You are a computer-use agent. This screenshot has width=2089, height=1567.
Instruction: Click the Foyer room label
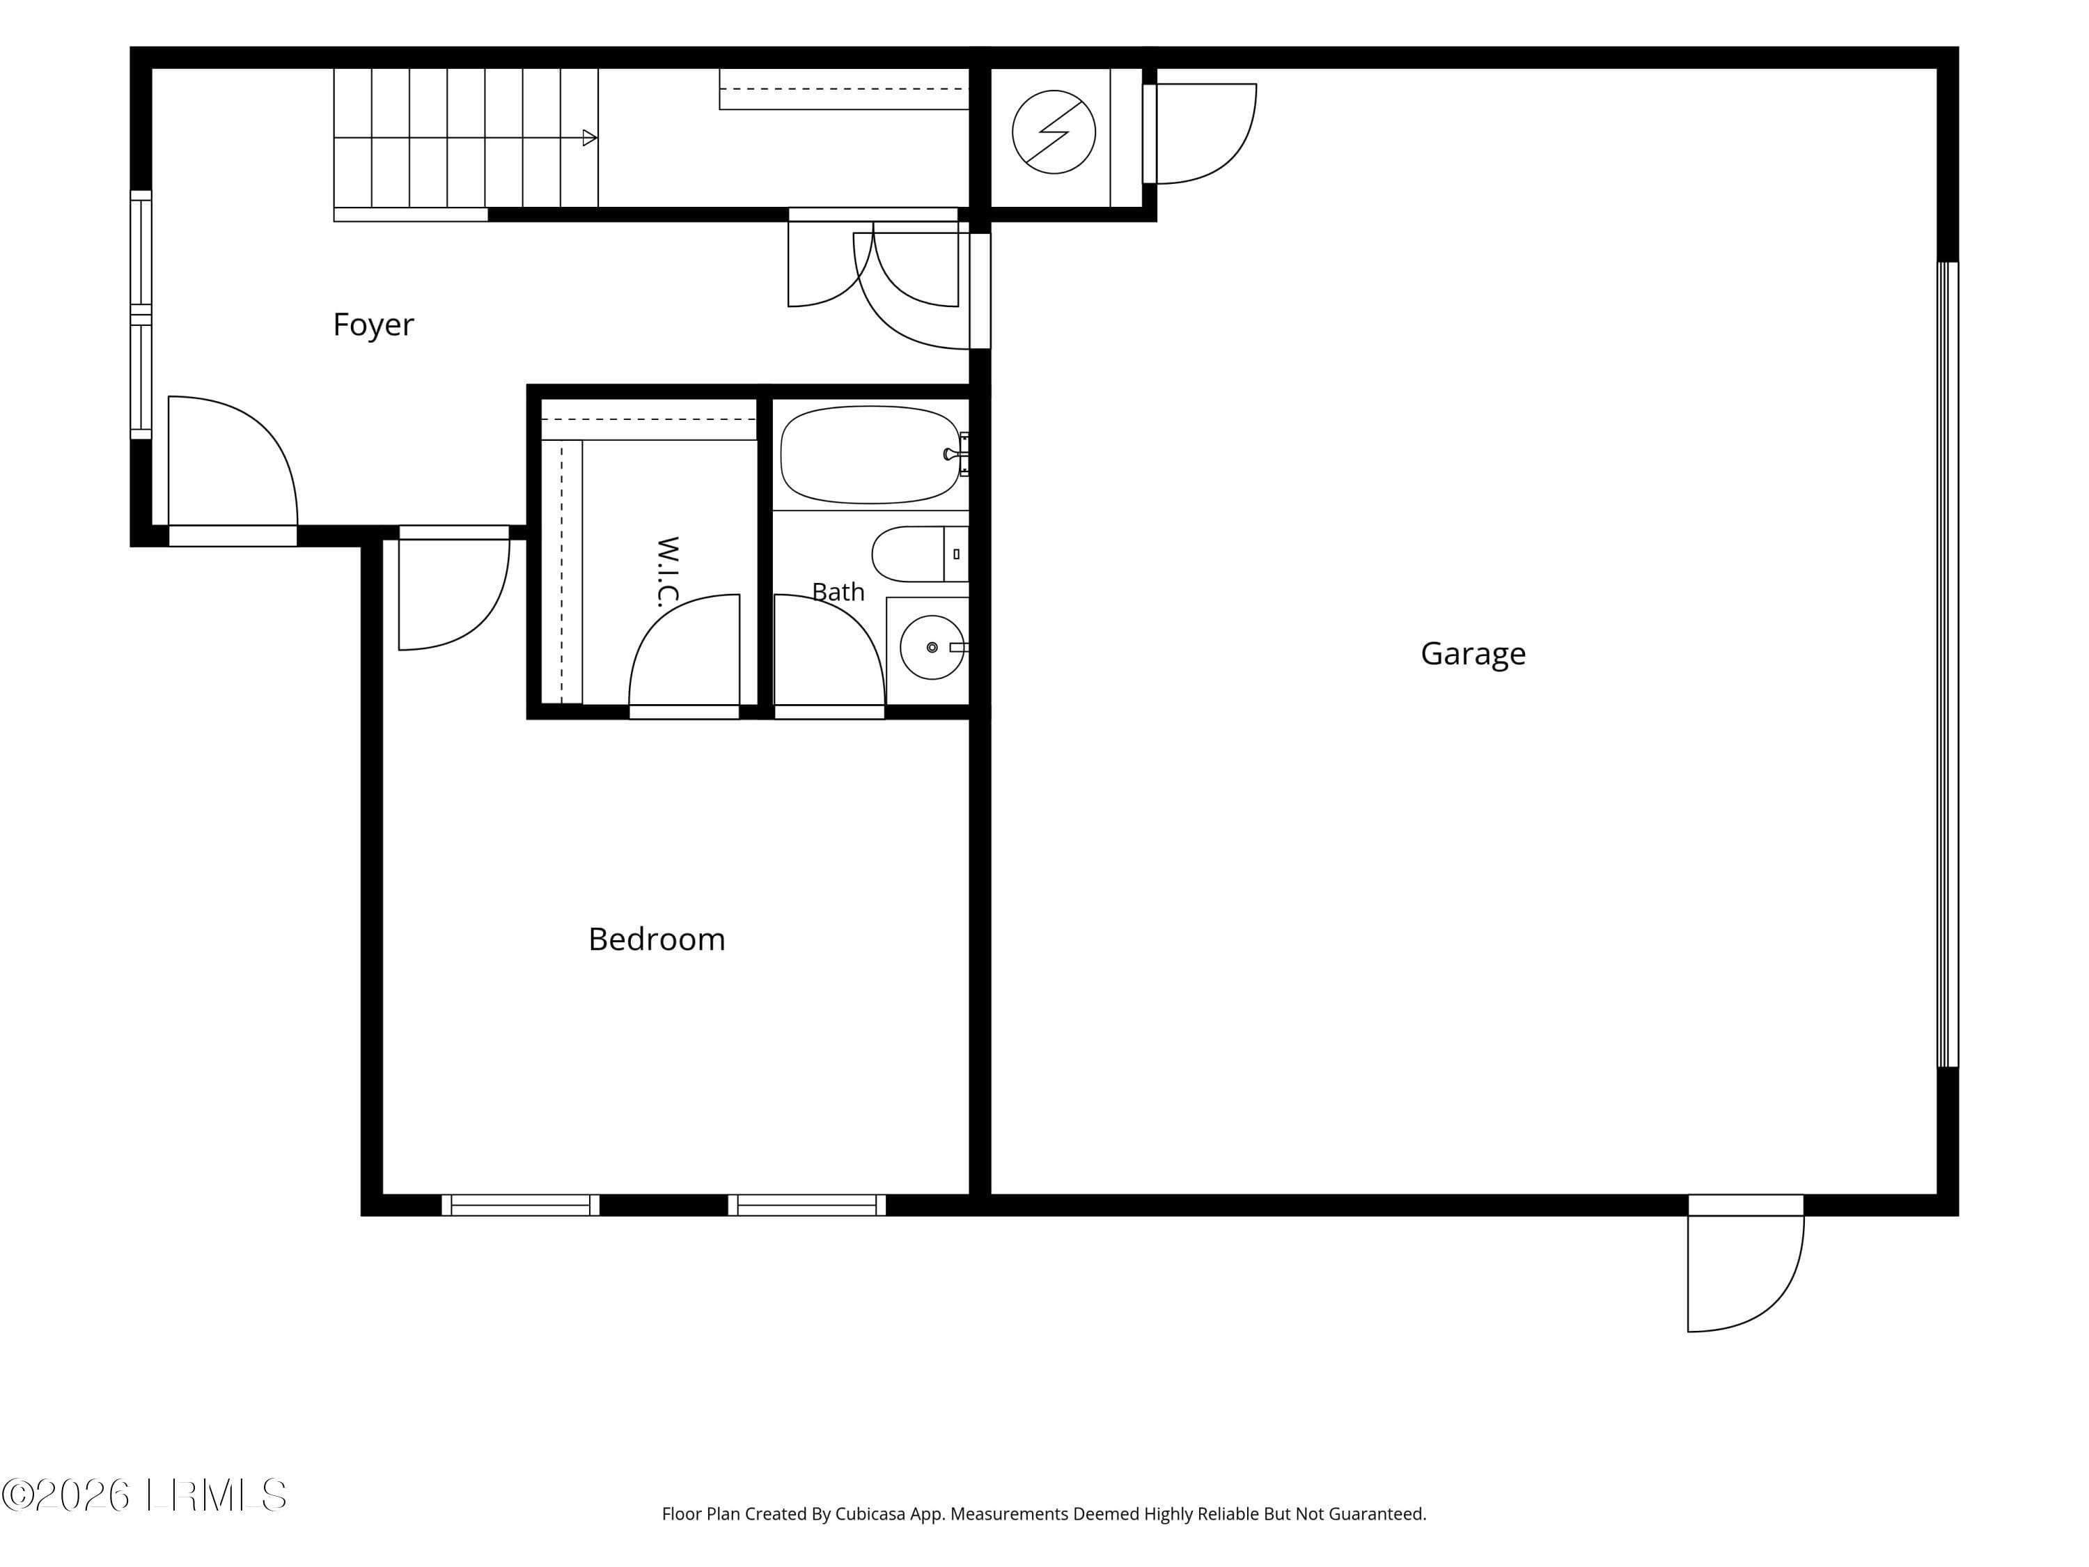(373, 325)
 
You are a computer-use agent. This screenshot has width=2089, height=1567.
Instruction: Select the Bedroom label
(657, 939)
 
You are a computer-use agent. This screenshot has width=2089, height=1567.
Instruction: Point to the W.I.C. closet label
(668, 572)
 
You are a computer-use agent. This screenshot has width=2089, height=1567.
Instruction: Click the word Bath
(838, 591)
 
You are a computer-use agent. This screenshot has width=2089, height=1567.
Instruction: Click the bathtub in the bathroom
(870, 454)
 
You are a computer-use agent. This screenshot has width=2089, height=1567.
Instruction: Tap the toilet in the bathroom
(919, 554)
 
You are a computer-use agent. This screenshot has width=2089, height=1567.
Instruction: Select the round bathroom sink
(932, 647)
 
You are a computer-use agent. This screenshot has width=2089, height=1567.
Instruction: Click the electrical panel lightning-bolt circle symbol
(1054, 132)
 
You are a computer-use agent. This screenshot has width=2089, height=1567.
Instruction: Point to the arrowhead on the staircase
(589, 138)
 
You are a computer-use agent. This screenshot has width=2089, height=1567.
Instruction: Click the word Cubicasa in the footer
(870, 1514)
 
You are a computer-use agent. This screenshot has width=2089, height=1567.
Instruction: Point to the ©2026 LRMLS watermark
(143, 1495)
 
